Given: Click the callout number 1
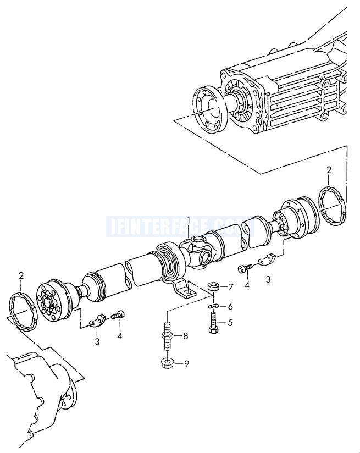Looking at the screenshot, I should (189, 220).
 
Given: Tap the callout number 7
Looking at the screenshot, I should (231, 286).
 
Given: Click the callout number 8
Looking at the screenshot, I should (185, 336).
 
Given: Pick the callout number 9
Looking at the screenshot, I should (185, 363).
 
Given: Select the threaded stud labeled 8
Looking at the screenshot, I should (166, 335).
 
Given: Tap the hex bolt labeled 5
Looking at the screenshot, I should (213, 322).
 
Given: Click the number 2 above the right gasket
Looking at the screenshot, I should (329, 169).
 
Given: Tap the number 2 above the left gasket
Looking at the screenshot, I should (21, 275).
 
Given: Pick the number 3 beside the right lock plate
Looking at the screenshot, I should (269, 279).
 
